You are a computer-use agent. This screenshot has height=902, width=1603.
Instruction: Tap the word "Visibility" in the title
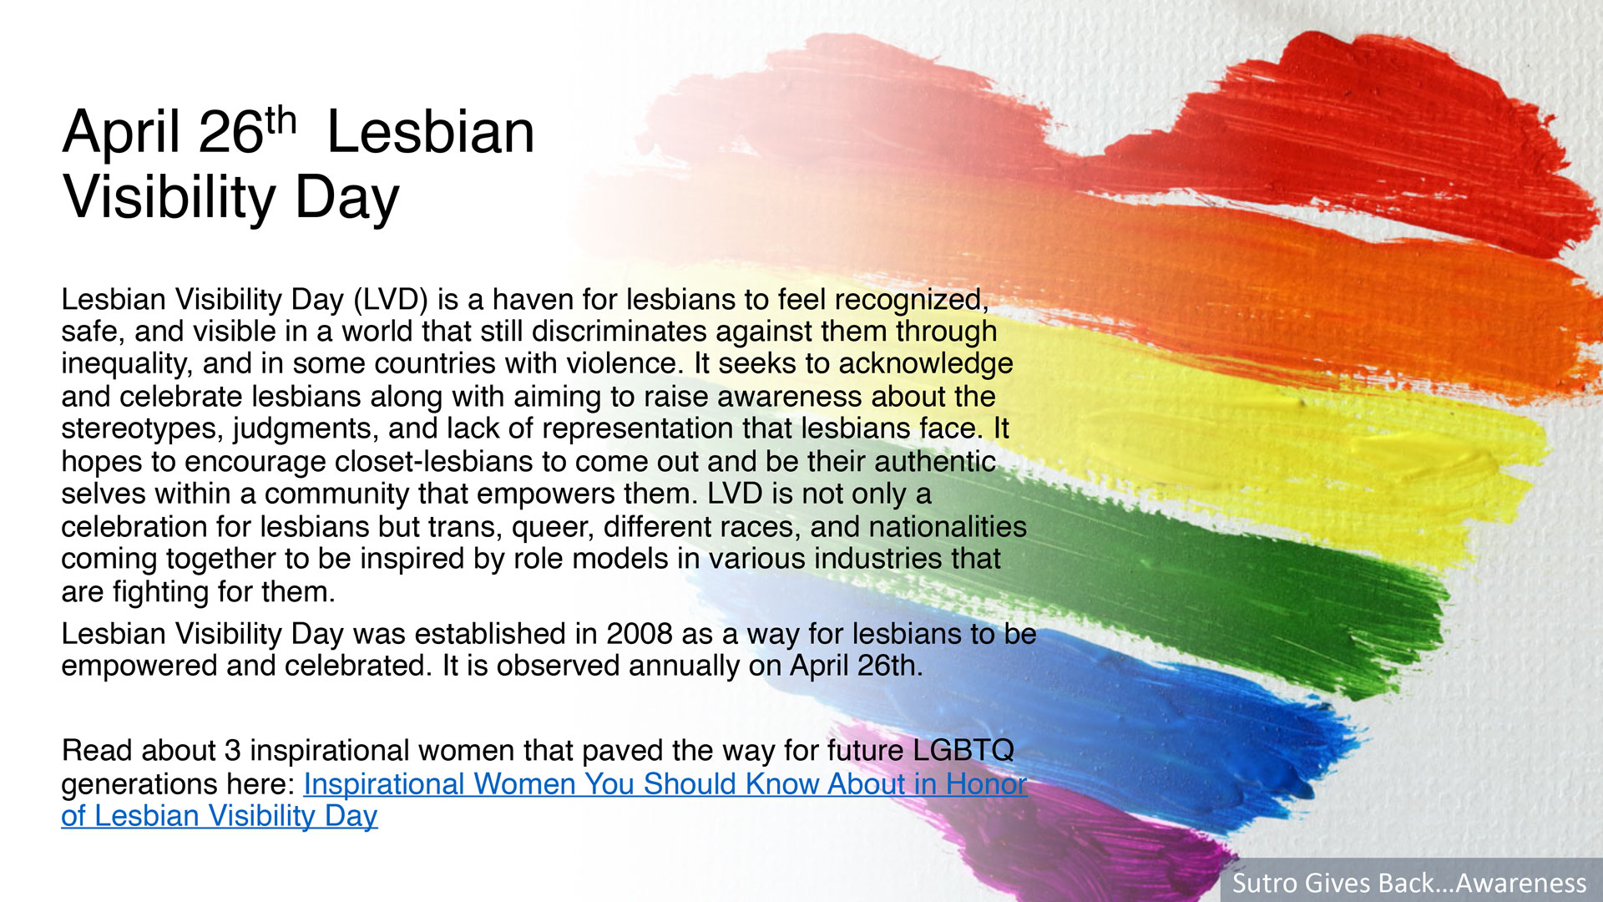[x=169, y=197]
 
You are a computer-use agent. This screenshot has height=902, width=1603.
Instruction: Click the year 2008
[x=639, y=633]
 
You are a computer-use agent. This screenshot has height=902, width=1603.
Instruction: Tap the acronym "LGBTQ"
[x=963, y=750]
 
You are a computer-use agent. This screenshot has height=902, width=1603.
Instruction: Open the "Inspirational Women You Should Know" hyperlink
[x=544, y=799]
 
